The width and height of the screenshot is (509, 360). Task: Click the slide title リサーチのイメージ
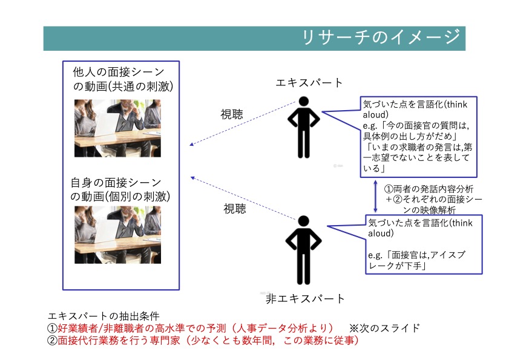[381, 37]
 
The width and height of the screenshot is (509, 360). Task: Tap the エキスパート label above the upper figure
[309, 83]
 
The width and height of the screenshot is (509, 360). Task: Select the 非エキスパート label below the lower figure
[305, 299]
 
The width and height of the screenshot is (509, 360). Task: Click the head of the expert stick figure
[304, 101]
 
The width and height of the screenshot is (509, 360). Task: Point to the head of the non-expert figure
[303, 221]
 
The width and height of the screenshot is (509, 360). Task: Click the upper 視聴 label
[232, 114]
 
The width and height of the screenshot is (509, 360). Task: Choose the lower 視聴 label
[235, 208]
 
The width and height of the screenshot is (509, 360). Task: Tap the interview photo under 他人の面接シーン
[117, 128]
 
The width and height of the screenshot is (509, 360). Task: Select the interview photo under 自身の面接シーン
[117, 235]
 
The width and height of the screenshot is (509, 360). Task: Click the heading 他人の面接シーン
[119, 72]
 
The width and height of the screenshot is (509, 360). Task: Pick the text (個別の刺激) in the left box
[139, 197]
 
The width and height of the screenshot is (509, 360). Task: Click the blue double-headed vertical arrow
[375, 197]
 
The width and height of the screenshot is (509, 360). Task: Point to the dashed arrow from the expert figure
[243, 123]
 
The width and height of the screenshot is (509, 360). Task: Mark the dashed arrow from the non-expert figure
[243, 198]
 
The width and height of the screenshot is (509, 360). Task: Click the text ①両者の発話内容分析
[429, 189]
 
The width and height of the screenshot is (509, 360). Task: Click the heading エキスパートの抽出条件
[103, 316]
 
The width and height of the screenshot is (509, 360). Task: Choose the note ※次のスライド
[384, 328]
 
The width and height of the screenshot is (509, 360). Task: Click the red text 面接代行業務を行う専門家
[119, 341]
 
